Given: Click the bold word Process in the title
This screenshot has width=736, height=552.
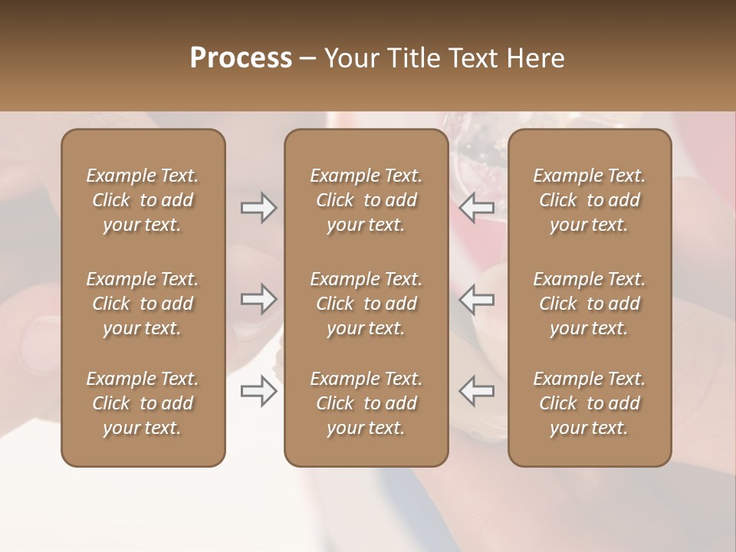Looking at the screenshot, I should (x=241, y=58).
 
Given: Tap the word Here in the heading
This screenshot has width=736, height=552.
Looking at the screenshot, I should (x=536, y=58).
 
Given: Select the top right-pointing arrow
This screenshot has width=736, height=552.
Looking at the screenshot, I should (x=258, y=208).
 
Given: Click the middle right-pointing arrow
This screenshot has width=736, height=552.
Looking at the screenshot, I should (x=258, y=299).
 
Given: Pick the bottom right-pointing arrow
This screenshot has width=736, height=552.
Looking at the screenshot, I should (x=258, y=391).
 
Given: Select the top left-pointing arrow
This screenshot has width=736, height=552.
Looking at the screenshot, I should (x=477, y=208).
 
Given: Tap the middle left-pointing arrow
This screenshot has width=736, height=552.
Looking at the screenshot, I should (x=477, y=299).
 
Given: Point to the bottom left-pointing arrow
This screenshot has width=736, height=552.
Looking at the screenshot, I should (x=477, y=391).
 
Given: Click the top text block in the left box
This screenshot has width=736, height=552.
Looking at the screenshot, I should (x=143, y=200).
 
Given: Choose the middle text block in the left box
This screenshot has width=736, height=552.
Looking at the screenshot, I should (x=143, y=304).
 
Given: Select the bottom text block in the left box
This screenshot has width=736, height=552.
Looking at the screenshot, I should (x=143, y=403).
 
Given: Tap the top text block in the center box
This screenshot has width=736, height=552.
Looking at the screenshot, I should (x=366, y=200).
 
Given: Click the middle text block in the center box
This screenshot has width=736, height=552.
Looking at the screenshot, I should (x=366, y=304).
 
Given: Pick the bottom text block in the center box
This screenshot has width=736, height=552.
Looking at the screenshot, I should (x=366, y=403).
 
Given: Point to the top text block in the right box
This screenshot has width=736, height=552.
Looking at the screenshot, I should (x=589, y=200).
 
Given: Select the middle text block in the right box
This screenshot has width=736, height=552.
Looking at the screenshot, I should (x=589, y=304).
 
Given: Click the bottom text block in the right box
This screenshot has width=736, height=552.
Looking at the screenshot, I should (x=589, y=403).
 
